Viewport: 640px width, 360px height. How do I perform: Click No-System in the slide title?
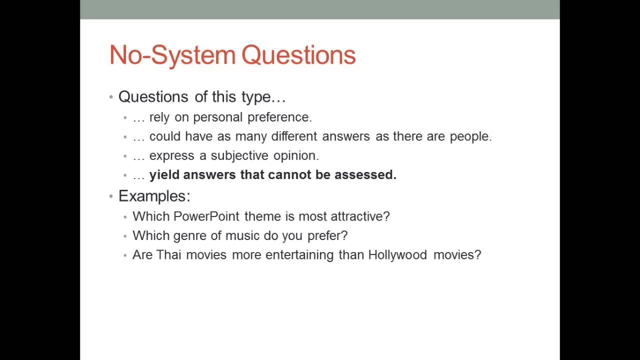[x=172, y=55]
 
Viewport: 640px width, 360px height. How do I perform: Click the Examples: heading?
[x=154, y=196]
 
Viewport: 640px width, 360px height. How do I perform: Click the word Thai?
[x=168, y=255]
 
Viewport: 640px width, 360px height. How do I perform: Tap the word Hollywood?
[x=397, y=255]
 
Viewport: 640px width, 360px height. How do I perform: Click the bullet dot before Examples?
[x=111, y=196]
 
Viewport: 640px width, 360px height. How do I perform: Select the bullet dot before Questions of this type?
[x=111, y=97]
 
